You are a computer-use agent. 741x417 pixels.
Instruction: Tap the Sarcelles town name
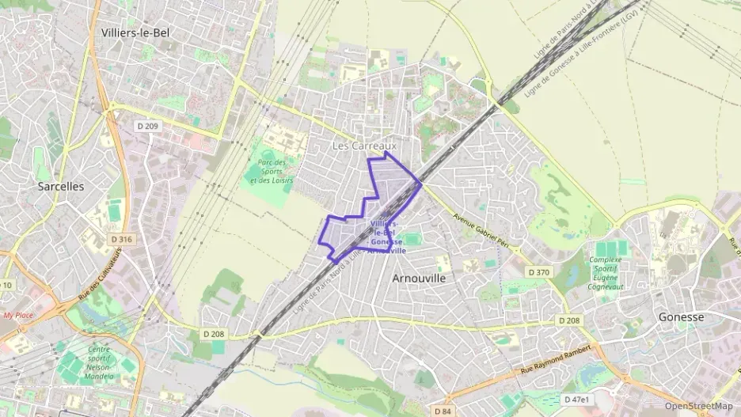[x=61, y=186]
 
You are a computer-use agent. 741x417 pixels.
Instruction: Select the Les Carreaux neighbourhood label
[x=363, y=146]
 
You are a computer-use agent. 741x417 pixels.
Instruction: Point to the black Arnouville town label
[x=419, y=279]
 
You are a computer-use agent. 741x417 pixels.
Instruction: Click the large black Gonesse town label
[x=681, y=317]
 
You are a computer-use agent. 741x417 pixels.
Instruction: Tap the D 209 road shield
[x=148, y=125]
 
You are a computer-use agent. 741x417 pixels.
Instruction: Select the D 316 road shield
[x=122, y=239]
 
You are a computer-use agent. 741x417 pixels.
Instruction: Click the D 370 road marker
[x=538, y=273]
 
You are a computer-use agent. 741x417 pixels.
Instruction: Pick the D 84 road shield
[x=443, y=411]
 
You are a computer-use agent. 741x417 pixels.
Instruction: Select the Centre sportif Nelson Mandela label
[x=99, y=364]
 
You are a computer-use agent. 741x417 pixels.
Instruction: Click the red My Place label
[x=18, y=315]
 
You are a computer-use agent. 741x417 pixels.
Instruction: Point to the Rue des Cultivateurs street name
[x=90, y=278]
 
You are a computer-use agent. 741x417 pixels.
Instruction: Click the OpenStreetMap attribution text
[x=698, y=406]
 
